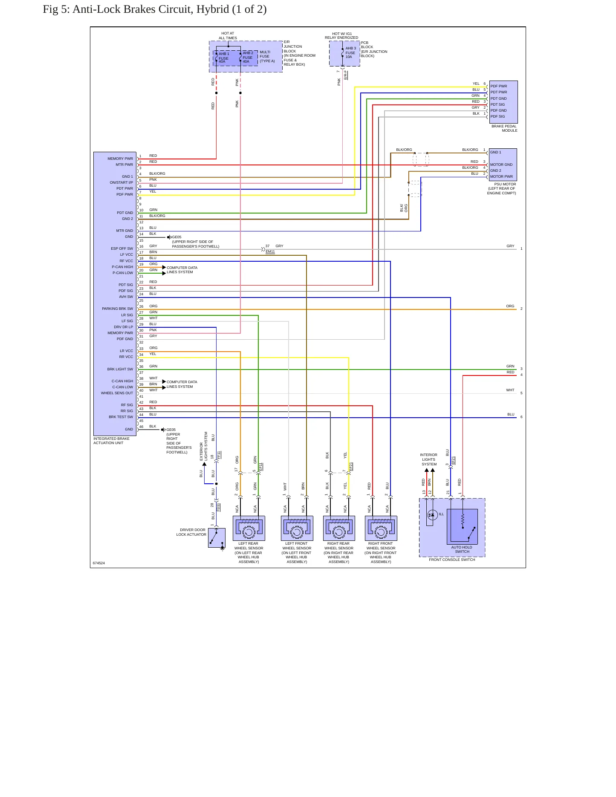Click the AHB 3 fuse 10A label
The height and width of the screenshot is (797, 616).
(x=350, y=52)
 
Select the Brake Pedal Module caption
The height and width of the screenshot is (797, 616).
(x=504, y=128)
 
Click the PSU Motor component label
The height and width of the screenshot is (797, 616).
(x=502, y=189)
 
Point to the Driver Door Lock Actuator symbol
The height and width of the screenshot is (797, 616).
(x=217, y=538)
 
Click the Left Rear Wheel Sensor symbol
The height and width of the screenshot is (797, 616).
(x=249, y=528)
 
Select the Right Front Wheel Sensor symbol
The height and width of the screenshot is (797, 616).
(x=381, y=528)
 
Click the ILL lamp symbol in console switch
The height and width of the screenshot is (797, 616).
(x=432, y=515)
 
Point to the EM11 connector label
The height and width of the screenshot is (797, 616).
(x=270, y=251)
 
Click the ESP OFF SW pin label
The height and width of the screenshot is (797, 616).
(x=122, y=248)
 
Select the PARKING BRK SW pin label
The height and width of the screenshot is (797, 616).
(x=117, y=309)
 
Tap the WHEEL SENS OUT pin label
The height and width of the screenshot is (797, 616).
(x=117, y=393)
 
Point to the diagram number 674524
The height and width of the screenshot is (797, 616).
(x=99, y=563)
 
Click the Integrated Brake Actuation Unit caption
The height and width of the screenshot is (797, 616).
(x=112, y=441)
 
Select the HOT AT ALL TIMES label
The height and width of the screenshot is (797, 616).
(x=228, y=36)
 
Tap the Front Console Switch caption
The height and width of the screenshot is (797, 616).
(x=452, y=560)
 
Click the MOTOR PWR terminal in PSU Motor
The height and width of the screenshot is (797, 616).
(x=501, y=176)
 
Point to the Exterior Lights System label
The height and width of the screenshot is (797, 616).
(x=204, y=446)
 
